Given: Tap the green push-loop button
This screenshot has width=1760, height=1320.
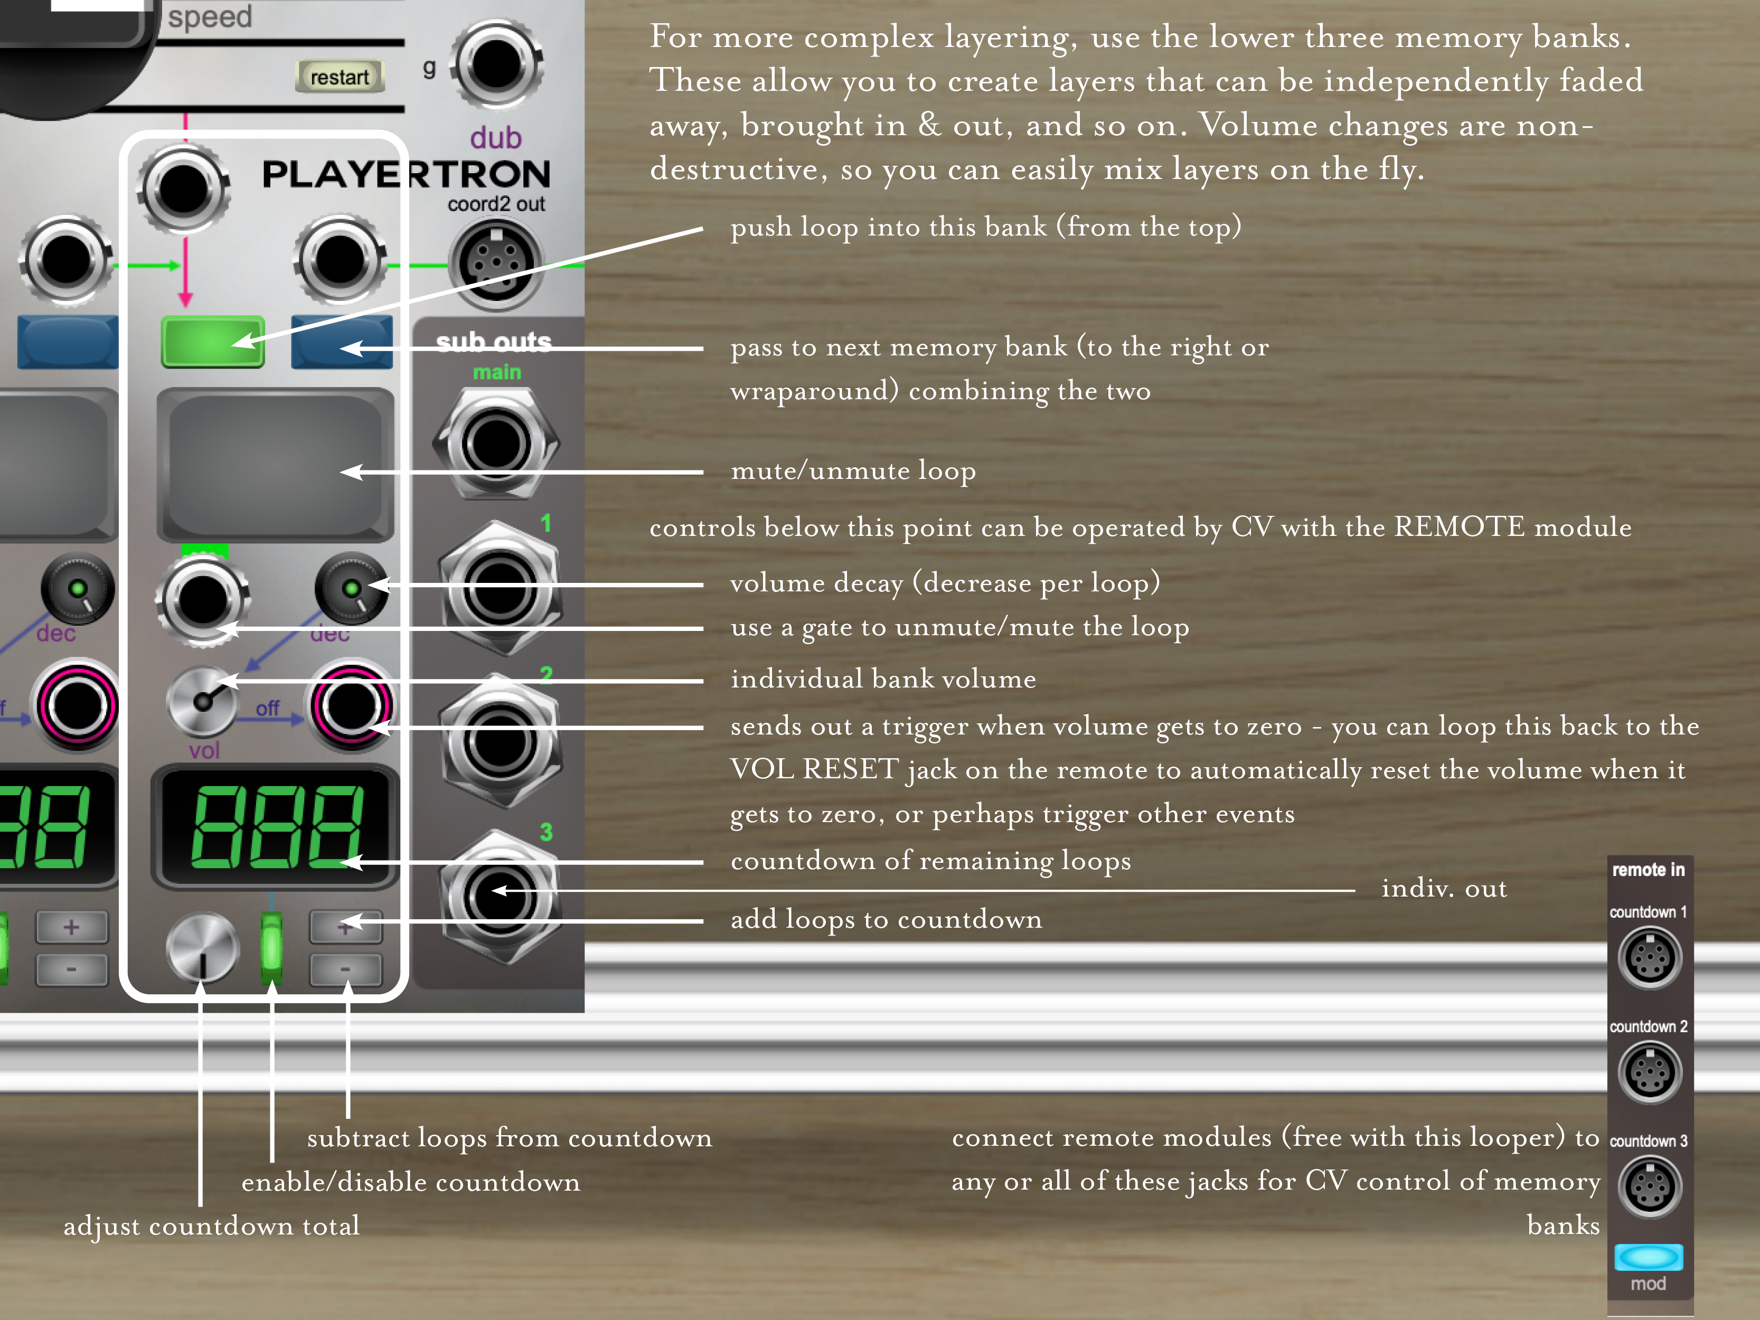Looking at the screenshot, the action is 212,341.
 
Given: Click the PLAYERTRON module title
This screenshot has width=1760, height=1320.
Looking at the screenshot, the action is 406,174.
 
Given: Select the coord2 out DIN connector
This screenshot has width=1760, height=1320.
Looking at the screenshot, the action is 496,263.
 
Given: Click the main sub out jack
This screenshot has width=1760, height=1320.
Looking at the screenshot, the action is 496,443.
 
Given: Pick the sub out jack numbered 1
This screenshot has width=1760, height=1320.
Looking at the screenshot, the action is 500,589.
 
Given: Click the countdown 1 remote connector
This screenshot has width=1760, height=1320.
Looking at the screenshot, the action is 1650,957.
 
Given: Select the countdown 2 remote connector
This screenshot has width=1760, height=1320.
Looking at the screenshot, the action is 1650,1072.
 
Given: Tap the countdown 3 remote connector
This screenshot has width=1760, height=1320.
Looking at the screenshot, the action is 1650,1186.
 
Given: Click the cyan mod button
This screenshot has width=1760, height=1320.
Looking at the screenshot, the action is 1649,1257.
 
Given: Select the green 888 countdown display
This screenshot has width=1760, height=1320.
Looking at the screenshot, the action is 275,826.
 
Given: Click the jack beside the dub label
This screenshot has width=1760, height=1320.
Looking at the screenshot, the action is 496,64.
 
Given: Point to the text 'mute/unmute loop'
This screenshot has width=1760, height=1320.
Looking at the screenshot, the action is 853,471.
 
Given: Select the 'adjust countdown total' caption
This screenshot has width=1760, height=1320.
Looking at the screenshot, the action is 212,1226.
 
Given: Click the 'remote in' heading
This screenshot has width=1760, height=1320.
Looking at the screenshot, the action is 1649,870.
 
